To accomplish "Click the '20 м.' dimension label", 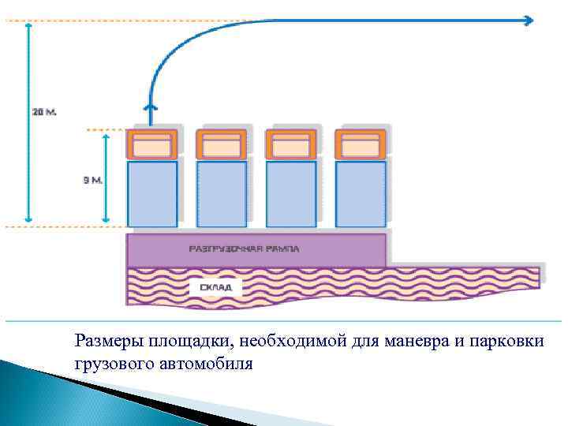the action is (x=44, y=112).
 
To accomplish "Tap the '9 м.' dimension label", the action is (x=93, y=180).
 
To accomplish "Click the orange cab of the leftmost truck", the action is (x=152, y=145).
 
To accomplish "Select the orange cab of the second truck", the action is (x=222, y=145).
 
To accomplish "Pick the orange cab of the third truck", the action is (x=291, y=145).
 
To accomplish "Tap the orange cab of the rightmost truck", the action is (x=361, y=145).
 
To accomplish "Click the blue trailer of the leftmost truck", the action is (x=152, y=194).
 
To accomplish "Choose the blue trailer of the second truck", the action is (x=222, y=194).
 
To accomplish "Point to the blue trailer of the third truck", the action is (x=291, y=194).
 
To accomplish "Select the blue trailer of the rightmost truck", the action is (x=361, y=194).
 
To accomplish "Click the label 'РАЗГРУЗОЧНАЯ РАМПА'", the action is (x=245, y=248).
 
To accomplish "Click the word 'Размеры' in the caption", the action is (x=103, y=342).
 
